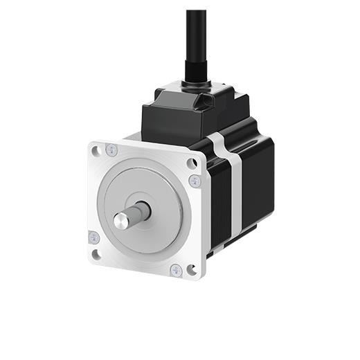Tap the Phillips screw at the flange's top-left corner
pyautogui.click(x=112, y=150)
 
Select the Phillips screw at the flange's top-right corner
pyautogui.click(x=195, y=180)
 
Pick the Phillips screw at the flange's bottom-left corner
pyautogui.click(x=93, y=237)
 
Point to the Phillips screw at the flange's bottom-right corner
pyautogui.click(x=176, y=270)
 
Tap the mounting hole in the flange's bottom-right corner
pyautogui.click(x=191, y=269)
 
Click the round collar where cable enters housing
pyautogui.click(x=195, y=89)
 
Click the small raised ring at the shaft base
pyautogui.click(x=143, y=208)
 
